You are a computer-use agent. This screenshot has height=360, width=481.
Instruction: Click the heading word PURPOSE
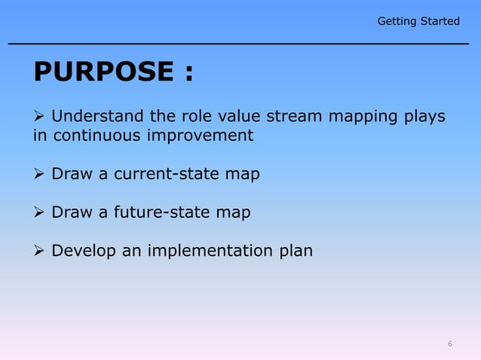click(103, 72)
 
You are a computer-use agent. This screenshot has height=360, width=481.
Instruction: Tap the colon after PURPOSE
click(187, 74)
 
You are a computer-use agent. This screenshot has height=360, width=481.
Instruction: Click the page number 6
click(450, 344)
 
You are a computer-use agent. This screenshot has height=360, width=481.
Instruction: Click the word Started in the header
click(440, 21)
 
